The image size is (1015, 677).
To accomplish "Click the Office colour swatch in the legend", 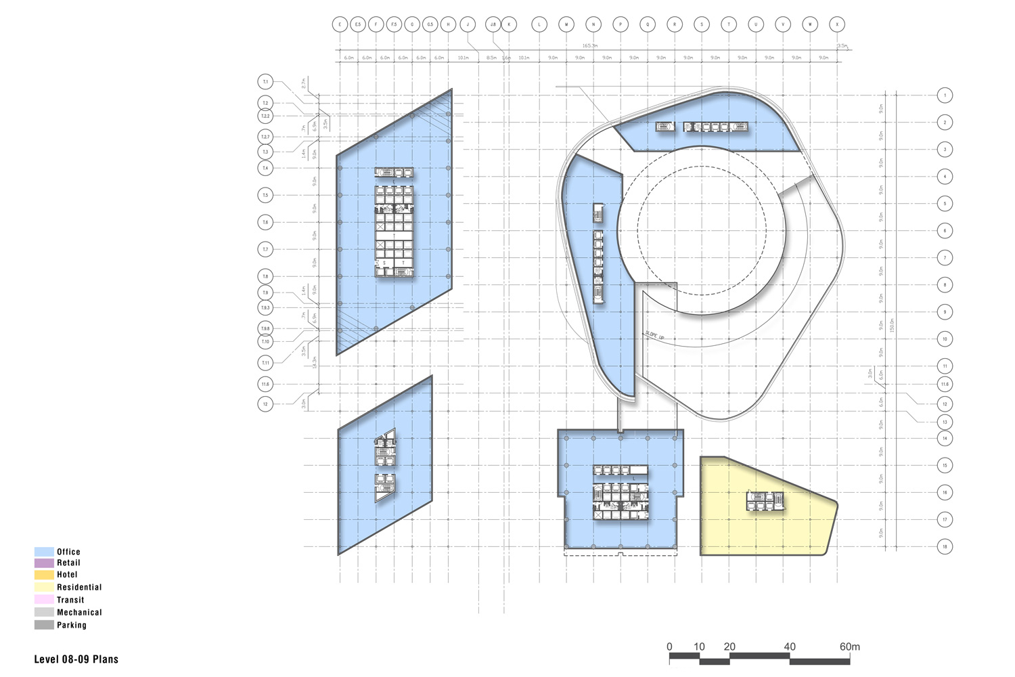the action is click(44, 552).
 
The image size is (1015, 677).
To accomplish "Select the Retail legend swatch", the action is click(44, 563).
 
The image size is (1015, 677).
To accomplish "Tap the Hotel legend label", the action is click(67, 575).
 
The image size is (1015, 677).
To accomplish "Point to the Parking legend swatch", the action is click(44, 625).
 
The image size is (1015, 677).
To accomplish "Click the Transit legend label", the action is click(70, 600).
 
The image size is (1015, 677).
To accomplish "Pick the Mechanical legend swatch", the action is click(44, 612).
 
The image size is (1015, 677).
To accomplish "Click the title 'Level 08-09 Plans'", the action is click(76, 659).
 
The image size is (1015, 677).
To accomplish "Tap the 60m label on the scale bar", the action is click(850, 647).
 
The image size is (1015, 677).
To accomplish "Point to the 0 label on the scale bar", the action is click(669, 647).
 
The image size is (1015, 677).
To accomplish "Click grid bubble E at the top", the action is click(339, 24).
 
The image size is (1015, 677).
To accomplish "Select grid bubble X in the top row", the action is click(838, 24).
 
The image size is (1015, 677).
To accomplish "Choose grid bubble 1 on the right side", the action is click(945, 95).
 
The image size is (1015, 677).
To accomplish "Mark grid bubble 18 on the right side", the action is click(945, 546).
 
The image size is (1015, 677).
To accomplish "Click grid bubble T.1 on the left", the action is click(265, 82).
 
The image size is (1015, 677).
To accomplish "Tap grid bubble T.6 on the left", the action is click(265, 222).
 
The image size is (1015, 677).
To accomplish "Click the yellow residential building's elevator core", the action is click(764, 501).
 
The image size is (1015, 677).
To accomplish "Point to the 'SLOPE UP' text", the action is click(654, 335).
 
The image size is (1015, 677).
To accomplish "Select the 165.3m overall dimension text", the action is click(589, 45).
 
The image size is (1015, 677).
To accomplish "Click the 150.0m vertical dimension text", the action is click(892, 325).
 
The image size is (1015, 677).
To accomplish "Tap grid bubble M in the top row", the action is click(566, 24).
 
